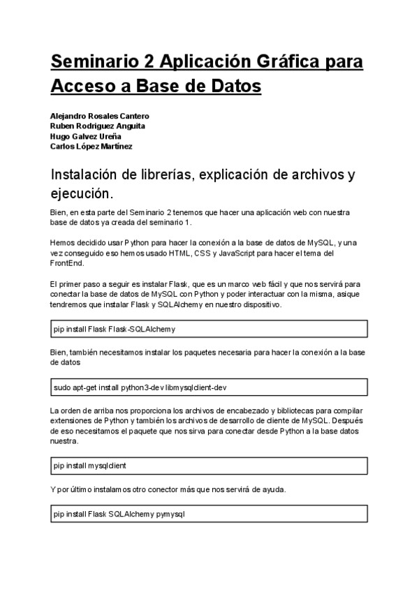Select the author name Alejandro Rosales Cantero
click(x=100, y=115)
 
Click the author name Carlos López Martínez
click(x=91, y=147)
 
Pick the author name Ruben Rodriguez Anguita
click(x=98, y=126)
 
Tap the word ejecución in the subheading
click(x=80, y=193)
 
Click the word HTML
click(x=167, y=253)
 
